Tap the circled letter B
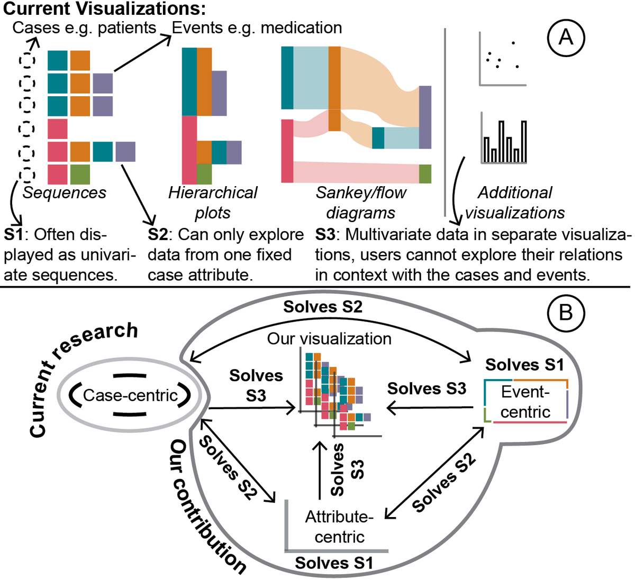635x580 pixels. tap(566, 313)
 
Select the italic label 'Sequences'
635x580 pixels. tap(64, 193)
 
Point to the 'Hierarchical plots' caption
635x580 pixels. tap(213, 202)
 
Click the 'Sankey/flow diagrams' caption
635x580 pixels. tap(361, 202)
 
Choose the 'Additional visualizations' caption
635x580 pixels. tap(514, 202)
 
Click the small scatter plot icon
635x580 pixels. tap(502, 59)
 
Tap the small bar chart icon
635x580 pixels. tap(503, 138)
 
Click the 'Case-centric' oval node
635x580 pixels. tap(130, 395)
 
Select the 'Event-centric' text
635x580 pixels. tap(525, 402)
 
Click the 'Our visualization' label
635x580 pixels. tap(329, 338)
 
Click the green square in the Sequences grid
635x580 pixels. tap(80, 174)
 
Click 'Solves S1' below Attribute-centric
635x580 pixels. tap(334, 563)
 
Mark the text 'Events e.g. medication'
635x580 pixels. tap(257, 27)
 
